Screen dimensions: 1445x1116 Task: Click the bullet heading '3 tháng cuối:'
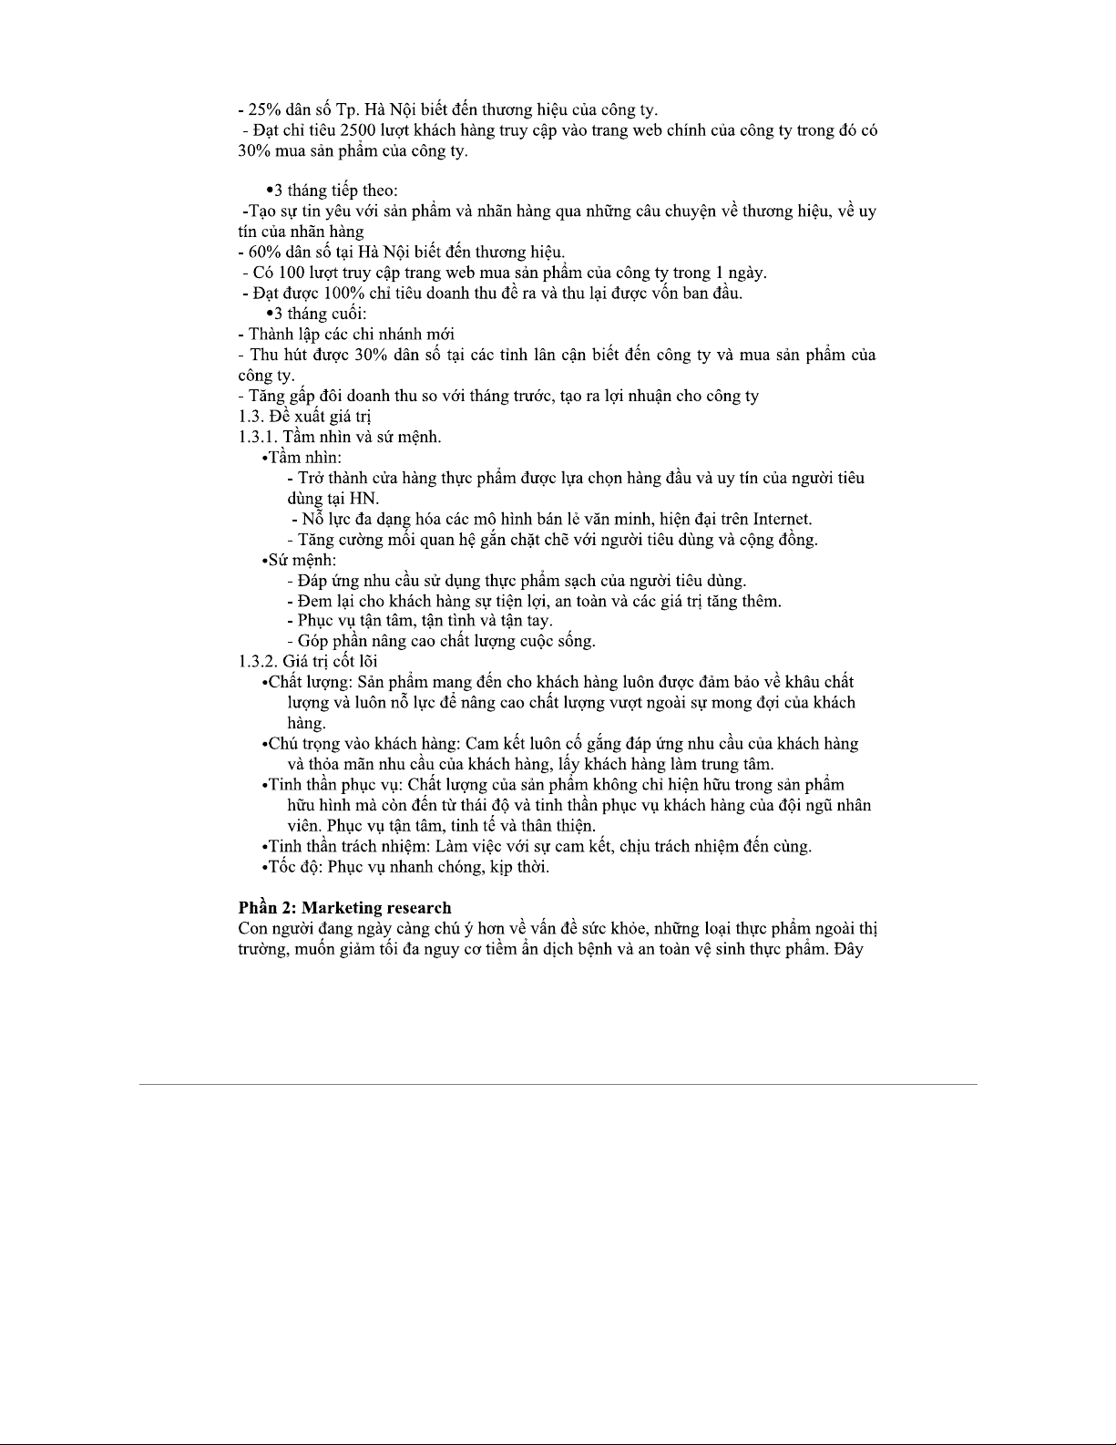[320, 314]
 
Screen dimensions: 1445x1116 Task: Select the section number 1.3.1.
[257, 437]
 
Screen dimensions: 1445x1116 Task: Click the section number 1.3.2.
[258, 661]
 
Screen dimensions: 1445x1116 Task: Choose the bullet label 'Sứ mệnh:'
[302, 560]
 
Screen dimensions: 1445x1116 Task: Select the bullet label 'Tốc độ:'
[295, 867]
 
